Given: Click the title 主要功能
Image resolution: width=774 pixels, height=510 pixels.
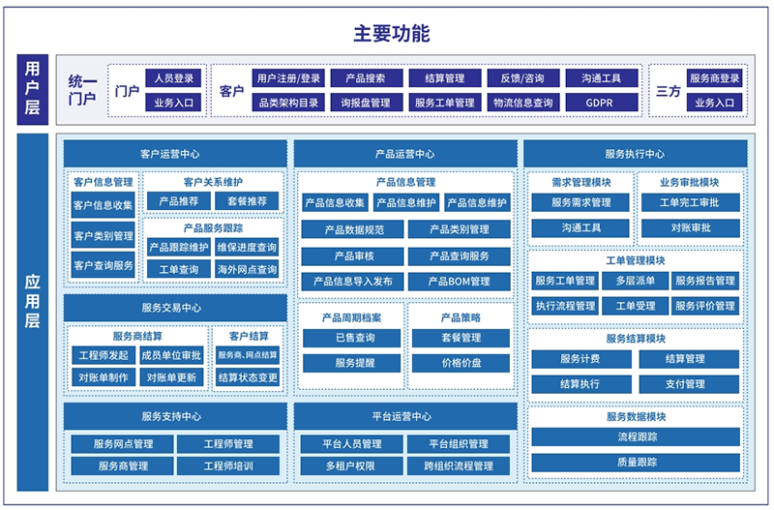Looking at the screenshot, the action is (392, 34).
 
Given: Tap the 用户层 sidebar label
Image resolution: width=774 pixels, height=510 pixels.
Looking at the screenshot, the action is (33, 89).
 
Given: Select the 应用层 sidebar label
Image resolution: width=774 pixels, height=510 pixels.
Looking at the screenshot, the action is (33, 312).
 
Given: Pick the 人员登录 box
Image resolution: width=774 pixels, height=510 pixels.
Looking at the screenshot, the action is (174, 78).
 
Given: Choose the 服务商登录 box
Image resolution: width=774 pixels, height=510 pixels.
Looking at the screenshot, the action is (714, 78).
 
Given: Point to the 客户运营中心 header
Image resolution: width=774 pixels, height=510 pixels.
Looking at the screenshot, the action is (175, 154).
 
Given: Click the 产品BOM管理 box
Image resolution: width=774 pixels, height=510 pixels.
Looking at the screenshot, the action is (459, 282).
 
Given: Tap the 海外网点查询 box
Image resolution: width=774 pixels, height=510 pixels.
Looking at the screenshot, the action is (247, 270).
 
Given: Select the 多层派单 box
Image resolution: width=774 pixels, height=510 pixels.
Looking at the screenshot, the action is (636, 281).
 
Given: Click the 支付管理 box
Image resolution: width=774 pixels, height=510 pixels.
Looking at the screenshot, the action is (689, 383).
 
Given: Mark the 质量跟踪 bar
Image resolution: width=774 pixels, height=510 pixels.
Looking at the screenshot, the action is (636, 463).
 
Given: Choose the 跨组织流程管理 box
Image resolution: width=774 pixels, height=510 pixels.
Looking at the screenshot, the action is (459, 465).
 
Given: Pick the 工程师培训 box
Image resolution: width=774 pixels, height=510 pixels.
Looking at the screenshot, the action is (228, 465).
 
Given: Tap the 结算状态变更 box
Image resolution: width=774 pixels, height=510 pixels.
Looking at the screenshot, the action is (248, 377).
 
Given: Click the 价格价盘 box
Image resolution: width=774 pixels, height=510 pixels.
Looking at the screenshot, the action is (461, 363).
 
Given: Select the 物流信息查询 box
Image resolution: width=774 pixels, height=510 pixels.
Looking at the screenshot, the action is (523, 103).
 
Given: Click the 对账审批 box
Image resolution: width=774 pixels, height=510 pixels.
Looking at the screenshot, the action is (691, 227).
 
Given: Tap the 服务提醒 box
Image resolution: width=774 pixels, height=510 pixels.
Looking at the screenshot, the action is (352, 363).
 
